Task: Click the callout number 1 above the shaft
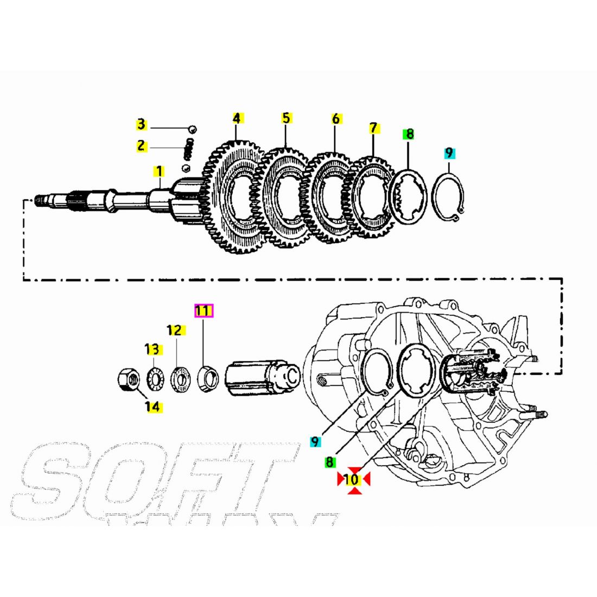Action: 158,172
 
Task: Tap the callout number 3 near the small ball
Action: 141,125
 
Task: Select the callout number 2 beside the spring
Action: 141,145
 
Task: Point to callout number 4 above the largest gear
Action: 236,118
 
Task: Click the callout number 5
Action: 286,118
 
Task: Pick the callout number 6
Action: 335,118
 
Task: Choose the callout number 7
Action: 373,128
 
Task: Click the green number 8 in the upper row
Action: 409,134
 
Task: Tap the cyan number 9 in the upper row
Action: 449,153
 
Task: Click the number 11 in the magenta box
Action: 204,311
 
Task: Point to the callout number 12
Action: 175,330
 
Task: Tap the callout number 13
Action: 153,349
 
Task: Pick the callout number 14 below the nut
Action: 154,407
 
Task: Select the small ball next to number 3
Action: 192,129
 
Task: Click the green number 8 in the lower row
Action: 329,462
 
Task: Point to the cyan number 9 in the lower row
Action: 314,442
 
